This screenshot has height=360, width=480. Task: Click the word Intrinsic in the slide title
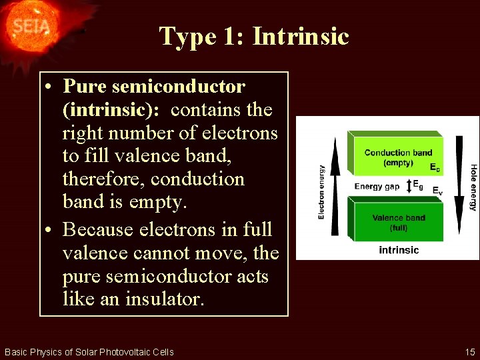pos(301,36)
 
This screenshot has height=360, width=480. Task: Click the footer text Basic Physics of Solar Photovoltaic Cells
pos(89,352)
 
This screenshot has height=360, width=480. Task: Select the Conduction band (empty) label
pos(398,157)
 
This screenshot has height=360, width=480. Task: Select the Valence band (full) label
pos(399,223)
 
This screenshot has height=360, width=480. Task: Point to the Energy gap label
pos(377,187)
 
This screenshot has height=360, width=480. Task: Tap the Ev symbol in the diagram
pos(437,191)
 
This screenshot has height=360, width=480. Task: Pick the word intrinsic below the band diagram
pos(399,250)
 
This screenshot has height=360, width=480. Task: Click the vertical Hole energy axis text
pos(473,187)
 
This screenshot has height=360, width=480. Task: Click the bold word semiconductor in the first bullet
pos(179,87)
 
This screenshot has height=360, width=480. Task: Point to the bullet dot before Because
pos(51,230)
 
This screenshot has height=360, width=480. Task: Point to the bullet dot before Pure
pos(51,87)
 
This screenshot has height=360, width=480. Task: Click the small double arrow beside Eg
pos(408,185)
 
